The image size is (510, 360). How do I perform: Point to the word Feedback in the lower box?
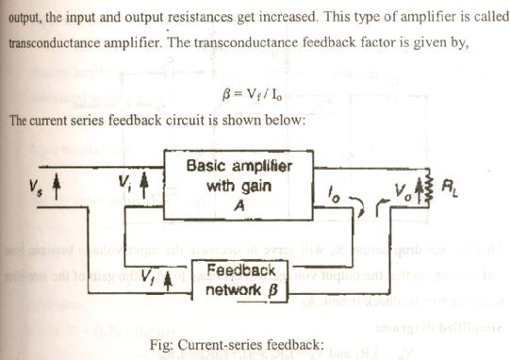coord(239,270)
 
